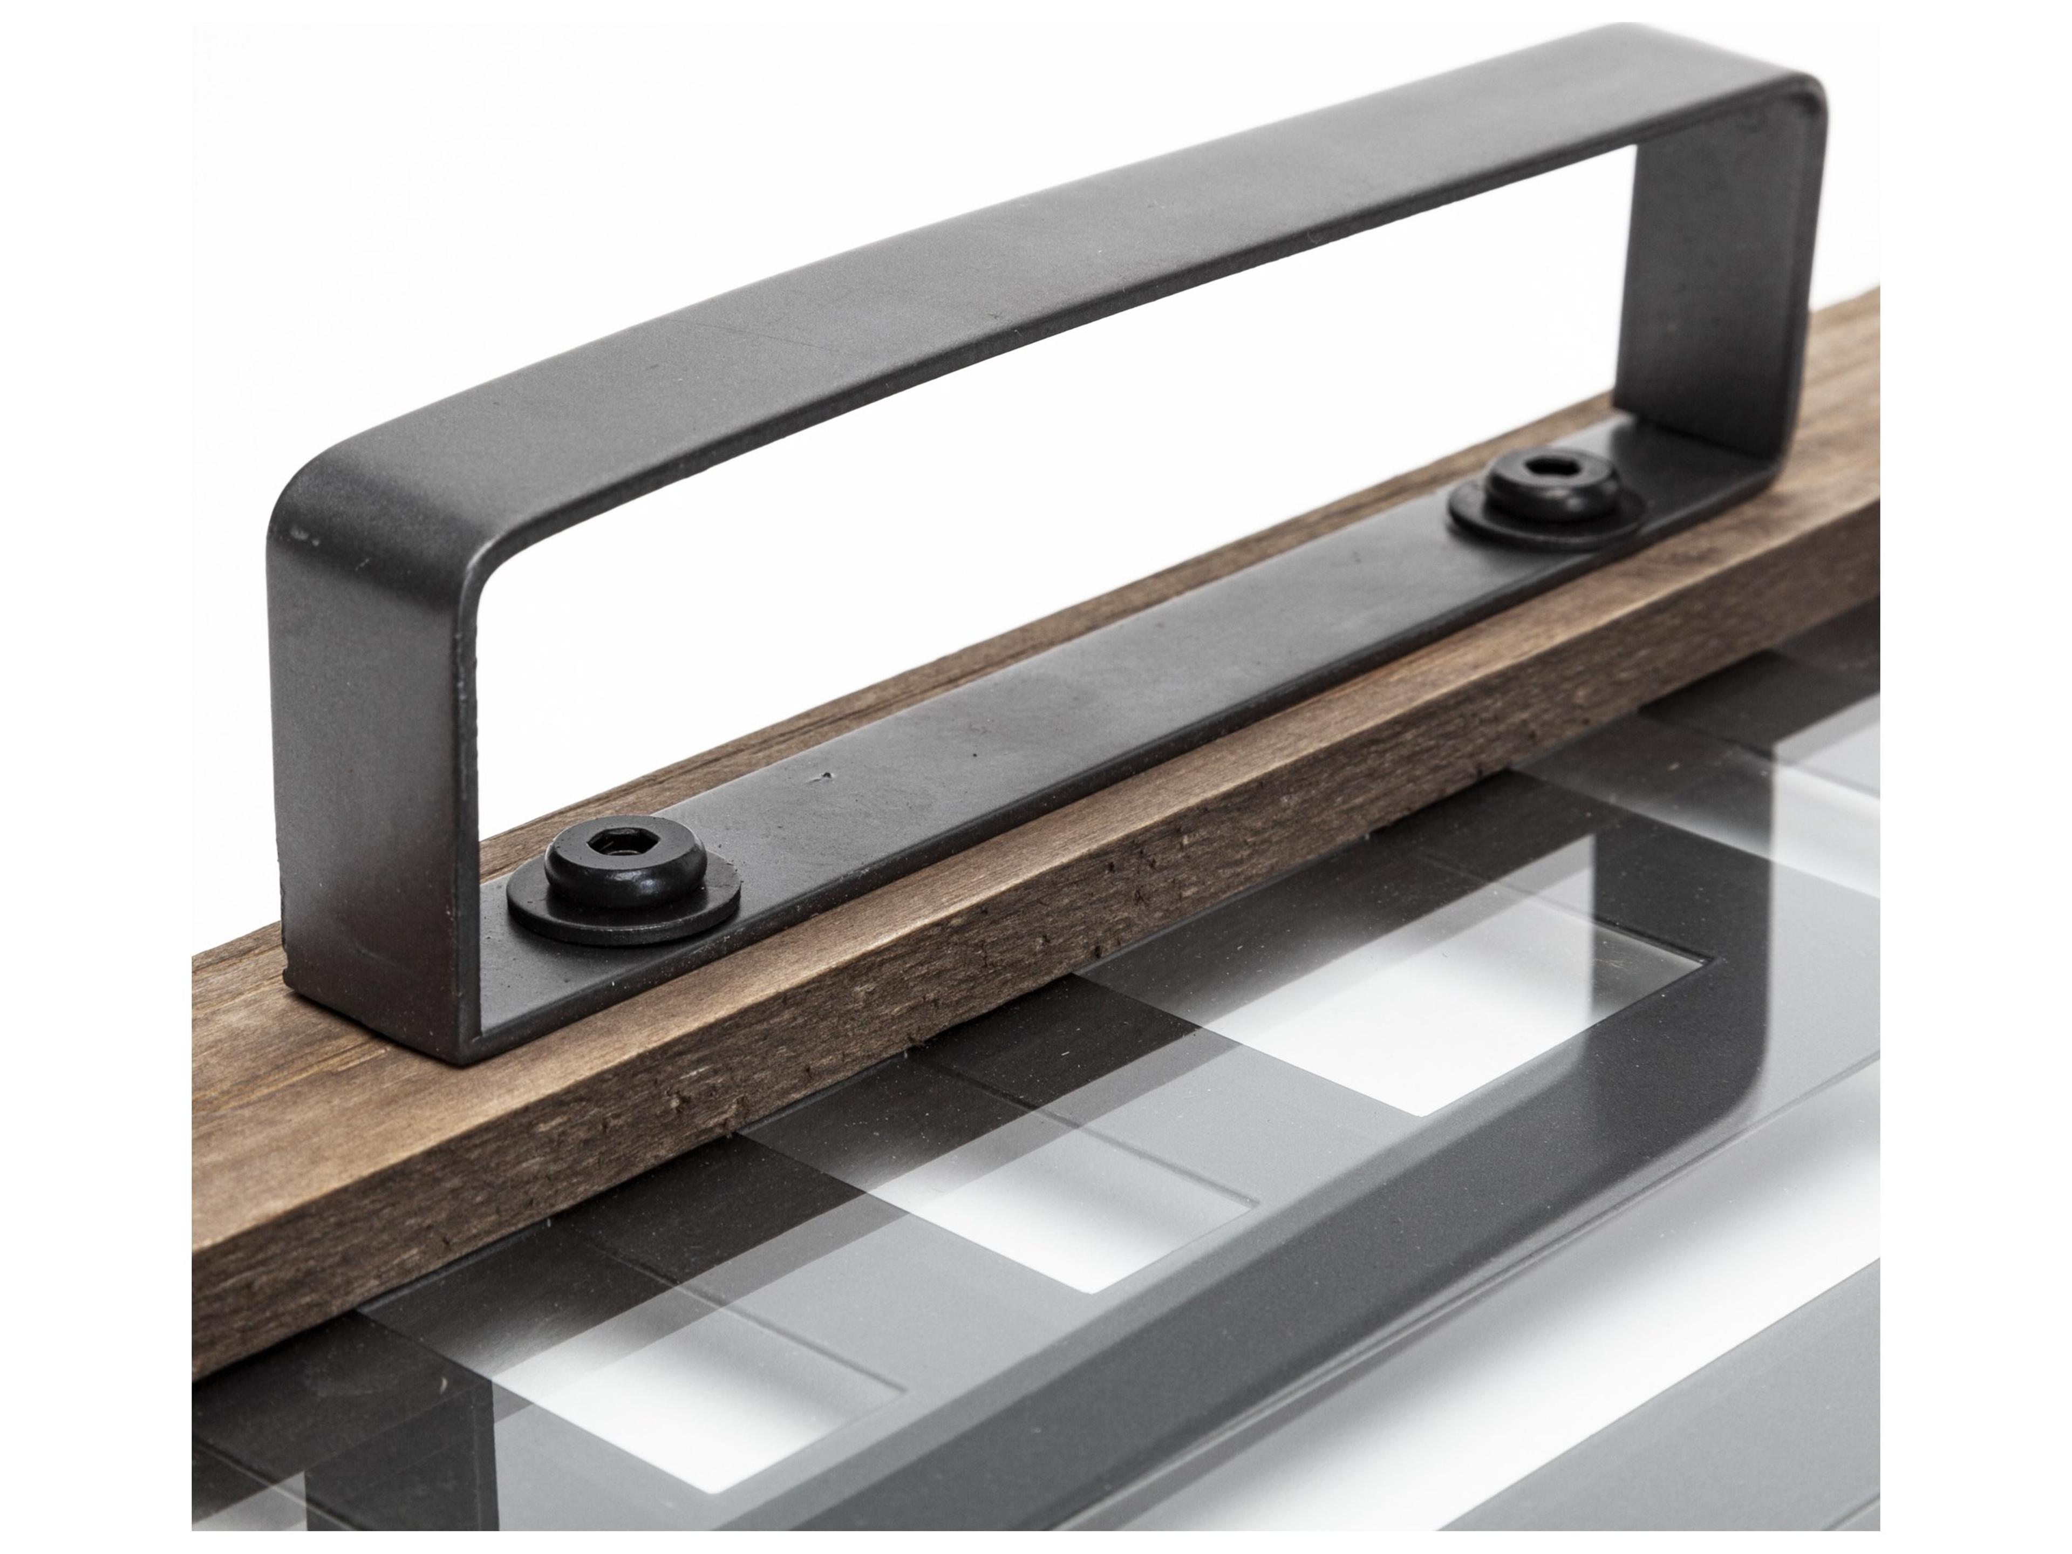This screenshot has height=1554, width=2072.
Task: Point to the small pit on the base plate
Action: (x=824, y=775)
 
